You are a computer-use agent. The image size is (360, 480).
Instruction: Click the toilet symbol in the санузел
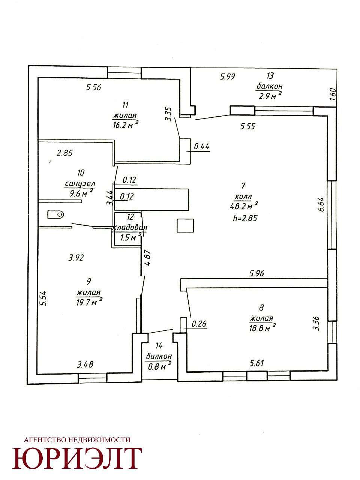55,214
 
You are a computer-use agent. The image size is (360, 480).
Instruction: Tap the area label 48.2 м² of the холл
244,206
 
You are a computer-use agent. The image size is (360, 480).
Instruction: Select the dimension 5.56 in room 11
93,87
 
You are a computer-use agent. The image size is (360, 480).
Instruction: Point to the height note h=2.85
245,218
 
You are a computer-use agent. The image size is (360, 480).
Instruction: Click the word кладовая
129,228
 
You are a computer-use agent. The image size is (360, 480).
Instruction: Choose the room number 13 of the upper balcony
270,76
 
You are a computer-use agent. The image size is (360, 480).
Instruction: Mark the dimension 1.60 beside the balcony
333,94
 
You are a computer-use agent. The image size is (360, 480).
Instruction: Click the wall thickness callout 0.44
202,146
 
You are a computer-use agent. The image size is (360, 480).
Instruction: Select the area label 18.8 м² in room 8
262,328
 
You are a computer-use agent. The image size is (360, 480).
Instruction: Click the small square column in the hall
185,226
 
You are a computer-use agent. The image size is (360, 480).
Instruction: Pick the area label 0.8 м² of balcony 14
159,366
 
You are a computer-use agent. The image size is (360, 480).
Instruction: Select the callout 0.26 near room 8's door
199,324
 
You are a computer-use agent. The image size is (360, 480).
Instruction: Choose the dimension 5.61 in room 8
257,363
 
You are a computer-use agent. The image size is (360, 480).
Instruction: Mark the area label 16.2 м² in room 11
126,125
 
